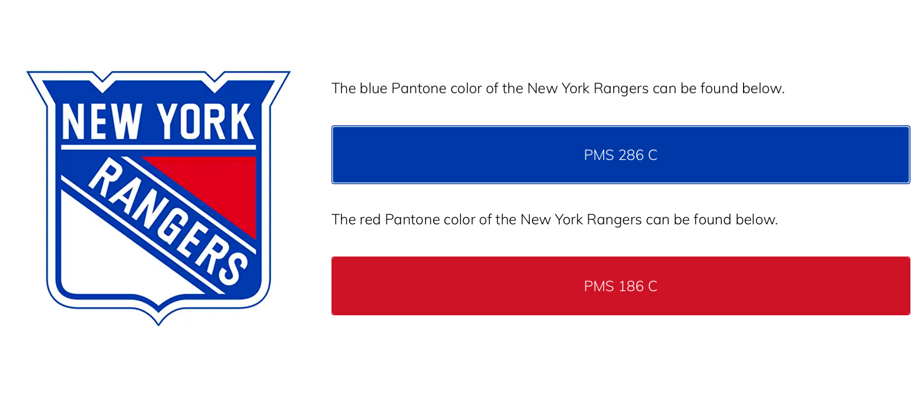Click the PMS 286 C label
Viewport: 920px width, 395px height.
click(620, 155)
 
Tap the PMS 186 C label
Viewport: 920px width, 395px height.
click(620, 286)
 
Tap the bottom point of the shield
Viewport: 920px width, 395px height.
click(159, 325)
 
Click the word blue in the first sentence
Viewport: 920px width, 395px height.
click(373, 88)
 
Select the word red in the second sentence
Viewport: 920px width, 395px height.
click(370, 220)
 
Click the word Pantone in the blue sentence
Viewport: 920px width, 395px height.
click(418, 88)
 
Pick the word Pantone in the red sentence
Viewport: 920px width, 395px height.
click(412, 220)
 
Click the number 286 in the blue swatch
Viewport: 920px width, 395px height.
click(631, 155)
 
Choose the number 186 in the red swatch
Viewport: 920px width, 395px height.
click(631, 286)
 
